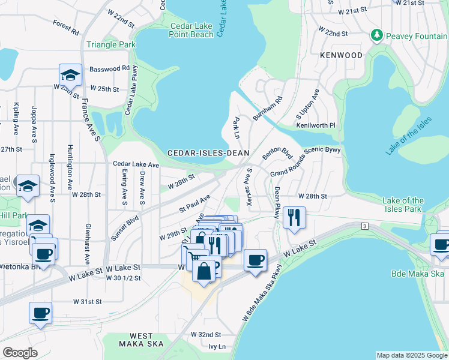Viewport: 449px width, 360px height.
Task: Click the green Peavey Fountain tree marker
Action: click(x=376, y=36)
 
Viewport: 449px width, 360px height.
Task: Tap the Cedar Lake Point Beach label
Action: click(x=192, y=31)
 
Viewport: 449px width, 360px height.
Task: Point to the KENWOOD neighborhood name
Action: click(x=341, y=55)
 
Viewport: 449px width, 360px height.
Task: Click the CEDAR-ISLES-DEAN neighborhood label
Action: click(x=208, y=153)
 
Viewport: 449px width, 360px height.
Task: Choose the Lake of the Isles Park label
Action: click(x=403, y=205)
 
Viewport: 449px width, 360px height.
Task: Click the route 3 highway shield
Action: click(x=364, y=226)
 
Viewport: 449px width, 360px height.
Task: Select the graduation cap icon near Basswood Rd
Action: click(x=70, y=75)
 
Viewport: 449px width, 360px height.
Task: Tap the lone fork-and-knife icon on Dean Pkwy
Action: click(x=294, y=217)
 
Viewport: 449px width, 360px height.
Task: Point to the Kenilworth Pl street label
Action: click(x=315, y=125)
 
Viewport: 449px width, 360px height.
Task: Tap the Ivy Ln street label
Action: click(x=217, y=347)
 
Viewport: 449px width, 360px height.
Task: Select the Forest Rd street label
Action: click(x=66, y=27)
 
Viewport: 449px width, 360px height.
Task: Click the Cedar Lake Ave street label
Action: click(x=136, y=164)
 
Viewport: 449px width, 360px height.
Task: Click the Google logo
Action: click(x=20, y=353)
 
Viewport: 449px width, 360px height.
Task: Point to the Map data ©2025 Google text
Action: click(x=411, y=355)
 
